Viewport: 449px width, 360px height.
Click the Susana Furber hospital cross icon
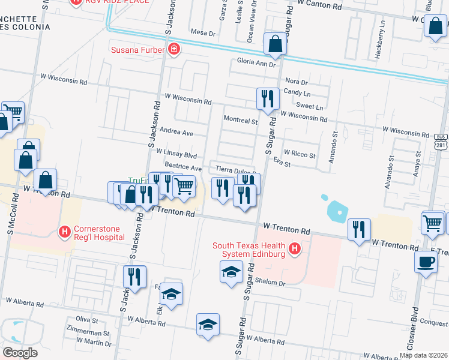click(173, 49)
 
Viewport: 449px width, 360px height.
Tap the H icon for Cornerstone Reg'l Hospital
click(64, 231)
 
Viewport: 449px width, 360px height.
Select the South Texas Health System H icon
click(294, 248)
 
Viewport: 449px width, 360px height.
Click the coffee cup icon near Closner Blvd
click(426, 262)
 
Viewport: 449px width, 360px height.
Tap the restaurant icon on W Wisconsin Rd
click(267, 98)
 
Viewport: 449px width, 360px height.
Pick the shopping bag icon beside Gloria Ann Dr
click(274, 44)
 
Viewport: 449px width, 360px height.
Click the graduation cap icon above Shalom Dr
click(231, 272)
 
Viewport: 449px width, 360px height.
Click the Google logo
click(20, 352)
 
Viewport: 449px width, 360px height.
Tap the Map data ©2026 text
click(423, 355)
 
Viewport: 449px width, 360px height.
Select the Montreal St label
click(240, 120)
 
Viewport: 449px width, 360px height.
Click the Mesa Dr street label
click(202, 32)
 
